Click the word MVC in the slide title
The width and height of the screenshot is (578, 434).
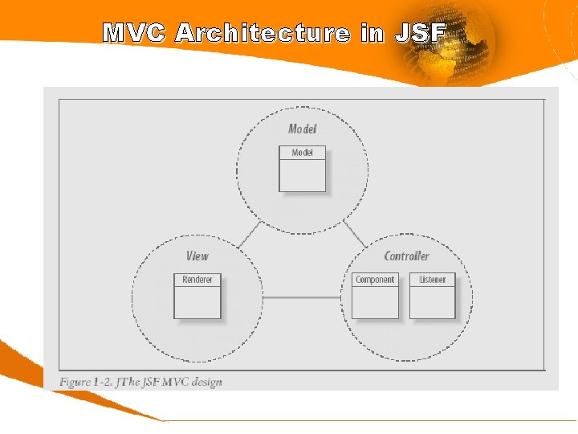pos(133,33)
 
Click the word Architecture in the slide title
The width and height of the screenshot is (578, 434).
pos(263,33)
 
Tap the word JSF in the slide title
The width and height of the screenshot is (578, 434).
pos(420,33)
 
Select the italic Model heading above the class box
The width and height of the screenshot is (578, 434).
pos(303,129)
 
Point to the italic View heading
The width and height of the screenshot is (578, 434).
pos(197,256)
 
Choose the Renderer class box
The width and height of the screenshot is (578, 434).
pos(197,296)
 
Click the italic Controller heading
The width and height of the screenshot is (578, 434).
pos(406,256)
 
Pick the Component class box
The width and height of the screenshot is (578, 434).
pos(375,296)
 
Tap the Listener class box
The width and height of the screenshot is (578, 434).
pos(433,296)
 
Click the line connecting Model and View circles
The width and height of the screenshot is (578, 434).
pos(250,235)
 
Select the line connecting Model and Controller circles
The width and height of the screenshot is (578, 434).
pos(354,235)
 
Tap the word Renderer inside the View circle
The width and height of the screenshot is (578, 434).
pos(197,280)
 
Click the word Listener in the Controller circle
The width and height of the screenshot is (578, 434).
pos(433,280)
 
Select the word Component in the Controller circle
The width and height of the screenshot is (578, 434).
pos(375,280)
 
